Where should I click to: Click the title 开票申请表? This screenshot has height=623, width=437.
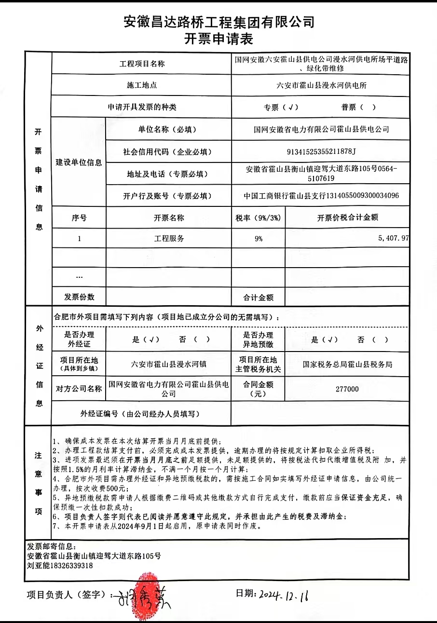[218, 39]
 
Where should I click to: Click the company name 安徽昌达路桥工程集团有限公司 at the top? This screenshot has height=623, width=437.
[218, 22]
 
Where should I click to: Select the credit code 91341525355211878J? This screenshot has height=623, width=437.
[321, 152]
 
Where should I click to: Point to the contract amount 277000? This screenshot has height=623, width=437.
[347, 389]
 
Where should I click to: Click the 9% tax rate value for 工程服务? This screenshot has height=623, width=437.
[258, 238]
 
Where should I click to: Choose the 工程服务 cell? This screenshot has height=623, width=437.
[169, 238]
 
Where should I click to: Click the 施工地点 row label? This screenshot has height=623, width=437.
[141, 85]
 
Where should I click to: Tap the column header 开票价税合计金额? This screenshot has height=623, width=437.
[347, 217]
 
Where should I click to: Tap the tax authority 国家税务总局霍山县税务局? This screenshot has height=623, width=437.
[347, 365]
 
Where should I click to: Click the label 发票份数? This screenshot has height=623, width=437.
[79, 297]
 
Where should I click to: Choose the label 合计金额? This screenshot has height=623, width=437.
[259, 298]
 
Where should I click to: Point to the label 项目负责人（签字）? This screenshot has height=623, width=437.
[66, 595]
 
